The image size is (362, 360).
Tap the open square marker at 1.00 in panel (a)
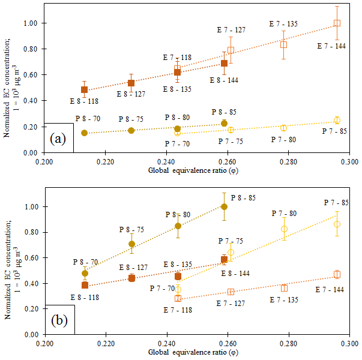337,23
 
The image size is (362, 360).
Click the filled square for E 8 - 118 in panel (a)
84,90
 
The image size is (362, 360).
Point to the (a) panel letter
58,139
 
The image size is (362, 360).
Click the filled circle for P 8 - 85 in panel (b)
224,206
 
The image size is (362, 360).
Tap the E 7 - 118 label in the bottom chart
178,310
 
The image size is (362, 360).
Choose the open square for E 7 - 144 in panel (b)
337,274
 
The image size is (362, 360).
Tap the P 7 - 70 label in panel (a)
181,143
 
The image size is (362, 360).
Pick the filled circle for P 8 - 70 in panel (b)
85,273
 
